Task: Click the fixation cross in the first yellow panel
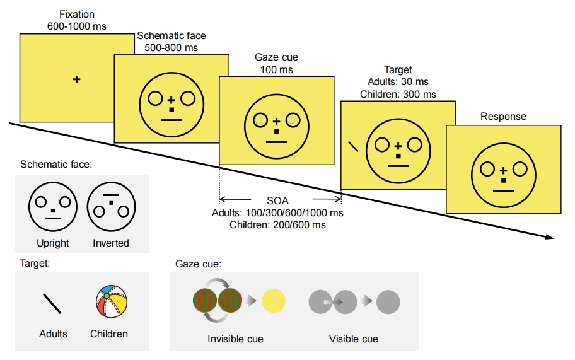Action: [77, 79]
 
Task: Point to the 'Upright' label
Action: [53, 243]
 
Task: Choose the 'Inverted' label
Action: [110, 243]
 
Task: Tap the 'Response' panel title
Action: [503, 117]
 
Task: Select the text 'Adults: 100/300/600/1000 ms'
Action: [277, 212]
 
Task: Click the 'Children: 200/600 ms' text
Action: [277, 224]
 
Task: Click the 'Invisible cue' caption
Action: [235, 339]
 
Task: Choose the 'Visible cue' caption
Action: [354, 339]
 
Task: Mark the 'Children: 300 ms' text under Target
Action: [398, 94]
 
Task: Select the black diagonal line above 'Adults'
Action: [52, 303]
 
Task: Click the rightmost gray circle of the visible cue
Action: [388, 302]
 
